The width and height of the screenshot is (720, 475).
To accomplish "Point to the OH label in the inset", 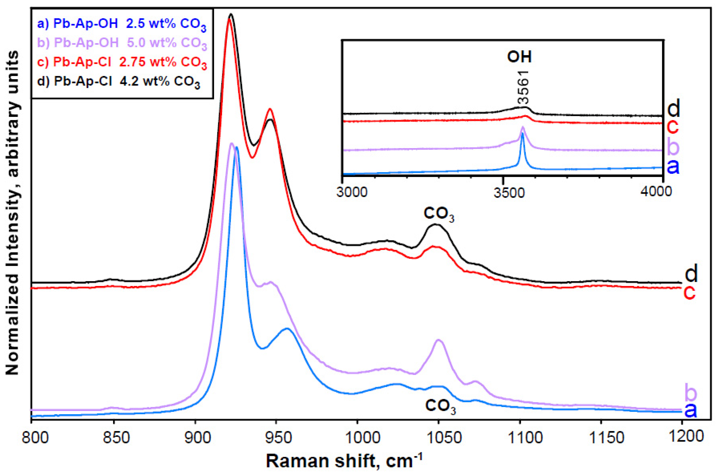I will (520, 57).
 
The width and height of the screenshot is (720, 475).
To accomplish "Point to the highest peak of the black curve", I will (231, 14).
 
